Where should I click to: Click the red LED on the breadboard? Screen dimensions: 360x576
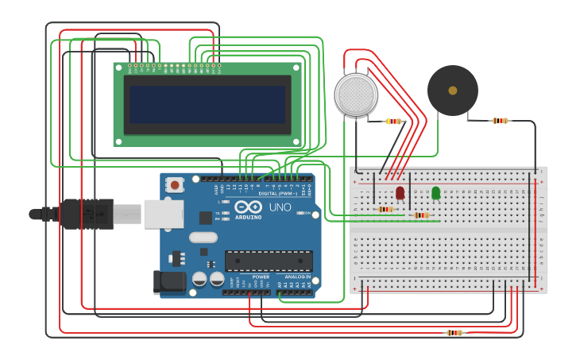click(x=400, y=192)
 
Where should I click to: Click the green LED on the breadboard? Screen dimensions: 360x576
click(x=435, y=192)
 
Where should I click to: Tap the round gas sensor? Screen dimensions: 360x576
click(x=355, y=95)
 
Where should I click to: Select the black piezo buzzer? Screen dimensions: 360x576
click(x=452, y=91)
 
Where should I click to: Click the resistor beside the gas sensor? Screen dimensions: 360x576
click(x=393, y=122)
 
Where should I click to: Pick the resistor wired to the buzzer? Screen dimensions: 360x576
click(x=499, y=121)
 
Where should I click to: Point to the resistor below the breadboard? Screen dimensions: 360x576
click(x=454, y=333)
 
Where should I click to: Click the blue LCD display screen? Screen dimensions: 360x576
click(x=207, y=104)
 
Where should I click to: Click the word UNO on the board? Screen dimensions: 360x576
click(x=280, y=207)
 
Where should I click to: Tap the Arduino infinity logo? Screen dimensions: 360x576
click(x=248, y=207)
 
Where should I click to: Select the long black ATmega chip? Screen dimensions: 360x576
click(x=268, y=261)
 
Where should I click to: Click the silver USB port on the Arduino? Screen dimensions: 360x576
click(x=163, y=214)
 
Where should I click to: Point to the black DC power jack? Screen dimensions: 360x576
click(x=168, y=282)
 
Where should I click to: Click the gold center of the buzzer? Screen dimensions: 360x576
click(x=452, y=91)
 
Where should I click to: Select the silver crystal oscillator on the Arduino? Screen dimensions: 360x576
click(x=203, y=237)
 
